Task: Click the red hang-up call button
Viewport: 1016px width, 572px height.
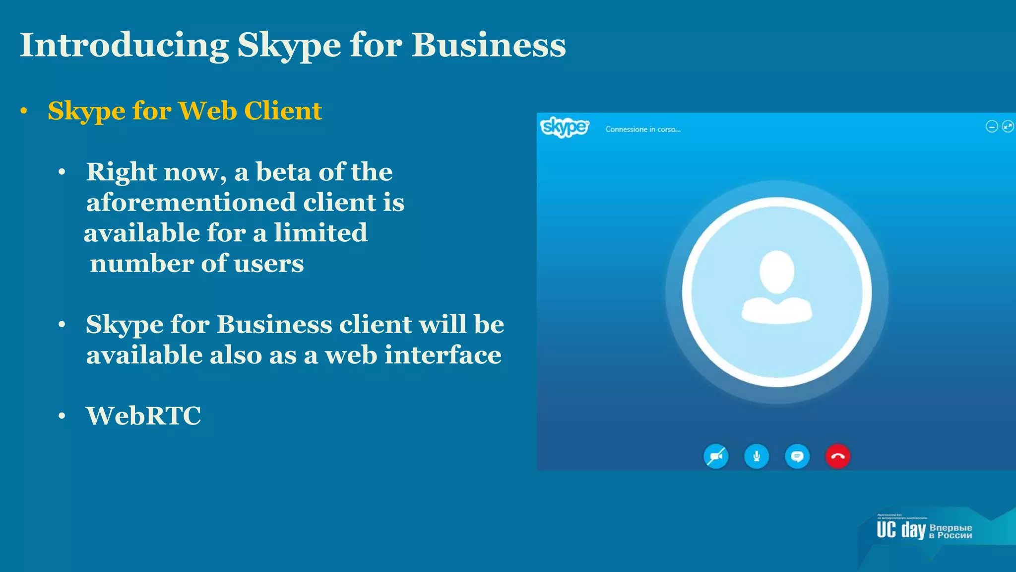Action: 837,457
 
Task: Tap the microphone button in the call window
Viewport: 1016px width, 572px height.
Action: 757,457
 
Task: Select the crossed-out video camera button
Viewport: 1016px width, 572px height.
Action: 716,457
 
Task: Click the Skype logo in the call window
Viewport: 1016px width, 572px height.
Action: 565,128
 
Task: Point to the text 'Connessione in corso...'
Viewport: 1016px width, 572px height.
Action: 643,130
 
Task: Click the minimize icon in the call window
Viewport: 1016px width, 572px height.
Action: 991,127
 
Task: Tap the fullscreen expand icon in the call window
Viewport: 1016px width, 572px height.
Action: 1008,127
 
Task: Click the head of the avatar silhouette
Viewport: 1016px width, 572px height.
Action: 777,272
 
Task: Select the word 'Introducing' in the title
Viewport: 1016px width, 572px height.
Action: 124,45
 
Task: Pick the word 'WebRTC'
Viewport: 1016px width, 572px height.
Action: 143,416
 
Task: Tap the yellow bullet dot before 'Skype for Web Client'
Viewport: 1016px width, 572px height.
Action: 24,111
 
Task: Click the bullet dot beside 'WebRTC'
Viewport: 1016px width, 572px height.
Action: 62,416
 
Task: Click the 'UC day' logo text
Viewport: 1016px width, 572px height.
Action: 901,530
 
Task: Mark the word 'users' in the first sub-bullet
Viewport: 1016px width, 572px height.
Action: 268,264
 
